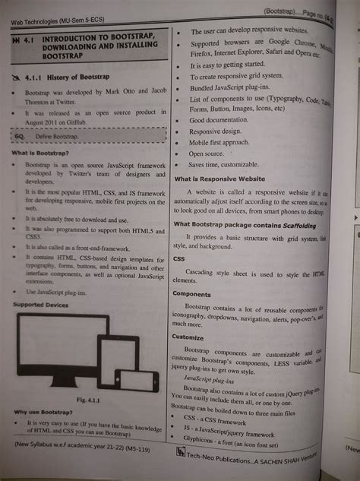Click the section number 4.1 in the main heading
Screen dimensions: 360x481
point(31,36)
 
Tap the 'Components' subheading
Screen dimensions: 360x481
point(192,293)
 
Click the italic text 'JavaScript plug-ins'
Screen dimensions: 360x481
point(209,378)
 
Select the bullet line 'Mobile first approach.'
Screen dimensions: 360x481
point(220,142)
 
